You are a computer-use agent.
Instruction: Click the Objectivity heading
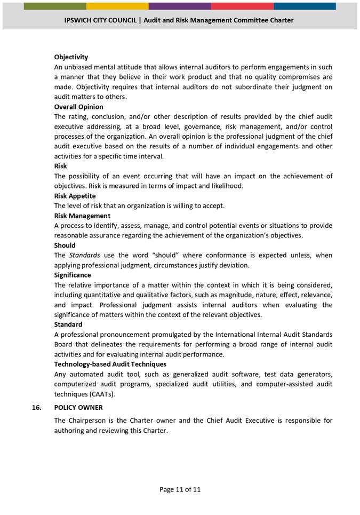(x=71, y=57)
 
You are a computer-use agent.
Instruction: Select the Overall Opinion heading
(x=78, y=107)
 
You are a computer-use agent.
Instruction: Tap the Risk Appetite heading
(x=75, y=196)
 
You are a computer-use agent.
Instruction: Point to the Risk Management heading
(x=82, y=216)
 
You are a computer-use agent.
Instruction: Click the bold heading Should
(x=65, y=245)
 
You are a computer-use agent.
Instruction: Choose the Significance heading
(x=73, y=275)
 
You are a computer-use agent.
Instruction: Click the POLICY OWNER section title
(x=78, y=407)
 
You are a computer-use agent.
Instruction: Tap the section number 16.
(x=36, y=407)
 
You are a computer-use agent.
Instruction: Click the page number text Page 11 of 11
(x=180, y=489)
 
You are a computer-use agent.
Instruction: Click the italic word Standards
(x=84, y=255)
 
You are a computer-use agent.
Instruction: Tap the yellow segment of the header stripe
(x=117, y=6)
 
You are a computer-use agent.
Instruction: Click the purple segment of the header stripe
(x=180, y=6)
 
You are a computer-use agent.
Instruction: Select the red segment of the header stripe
(x=242, y=6)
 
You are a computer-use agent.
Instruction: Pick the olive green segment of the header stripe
(x=55, y=6)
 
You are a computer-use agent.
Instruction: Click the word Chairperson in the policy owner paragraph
(x=88, y=421)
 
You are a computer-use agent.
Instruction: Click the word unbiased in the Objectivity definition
(x=81, y=67)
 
